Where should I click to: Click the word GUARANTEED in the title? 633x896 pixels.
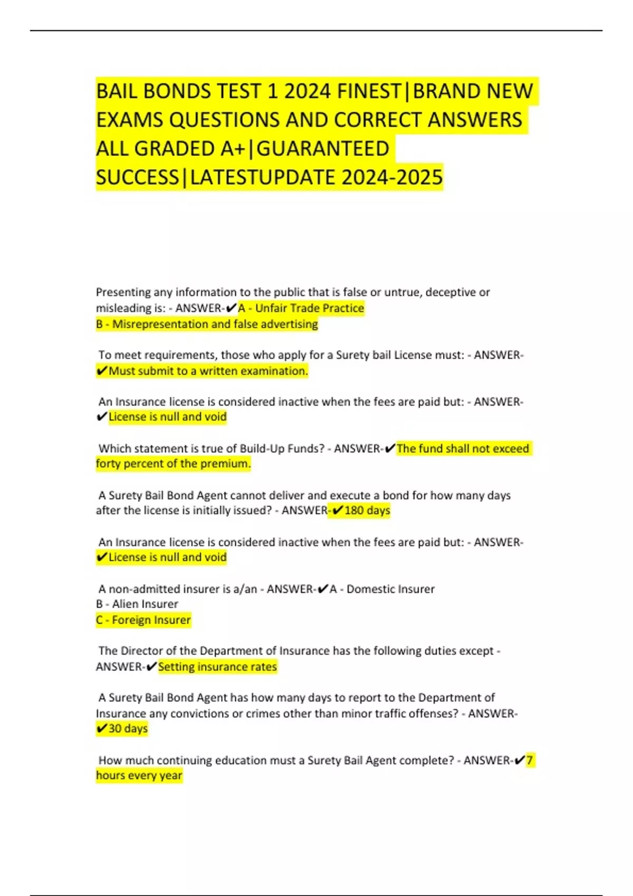[x=323, y=149]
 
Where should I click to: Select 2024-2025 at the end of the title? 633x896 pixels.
[x=392, y=177]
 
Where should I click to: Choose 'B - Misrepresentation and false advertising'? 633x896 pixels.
[x=207, y=324]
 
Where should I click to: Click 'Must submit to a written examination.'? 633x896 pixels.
[x=208, y=371]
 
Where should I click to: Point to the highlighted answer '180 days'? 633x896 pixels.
[x=367, y=510]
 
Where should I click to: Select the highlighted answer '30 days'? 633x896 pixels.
[x=128, y=728]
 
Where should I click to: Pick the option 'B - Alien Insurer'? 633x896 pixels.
[x=137, y=604]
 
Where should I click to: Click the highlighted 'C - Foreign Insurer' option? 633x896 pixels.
[x=143, y=620]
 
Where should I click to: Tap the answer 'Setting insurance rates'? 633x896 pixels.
[x=217, y=667]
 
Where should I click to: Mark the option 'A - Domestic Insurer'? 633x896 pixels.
[x=382, y=589]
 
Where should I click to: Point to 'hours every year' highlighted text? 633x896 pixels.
[x=139, y=775]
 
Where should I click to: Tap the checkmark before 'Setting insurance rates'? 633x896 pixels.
[x=151, y=667]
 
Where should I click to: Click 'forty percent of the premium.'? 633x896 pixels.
[x=173, y=464]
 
